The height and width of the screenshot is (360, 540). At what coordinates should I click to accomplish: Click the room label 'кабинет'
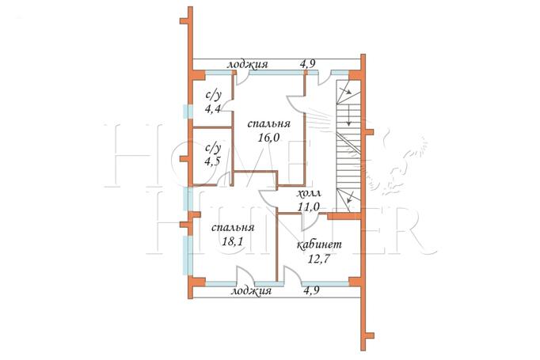(x=319, y=244)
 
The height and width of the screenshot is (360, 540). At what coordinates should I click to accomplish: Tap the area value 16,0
(x=268, y=138)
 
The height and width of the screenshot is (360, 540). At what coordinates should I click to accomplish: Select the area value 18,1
(x=233, y=241)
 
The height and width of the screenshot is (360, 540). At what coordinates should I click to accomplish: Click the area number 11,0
(x=309, y=207)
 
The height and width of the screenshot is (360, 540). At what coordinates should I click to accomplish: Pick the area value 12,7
(x=319, y=258)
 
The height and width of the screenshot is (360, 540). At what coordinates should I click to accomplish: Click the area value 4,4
(x=213, y=109)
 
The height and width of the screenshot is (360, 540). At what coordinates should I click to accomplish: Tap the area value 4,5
(x=212, y=161)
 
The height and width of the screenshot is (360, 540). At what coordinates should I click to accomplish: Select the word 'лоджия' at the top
(x=247, y=65)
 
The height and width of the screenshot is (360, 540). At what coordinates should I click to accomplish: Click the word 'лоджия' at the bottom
(x=251, y=291)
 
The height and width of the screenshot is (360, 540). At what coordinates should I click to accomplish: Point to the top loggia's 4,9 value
(x=308, y=63)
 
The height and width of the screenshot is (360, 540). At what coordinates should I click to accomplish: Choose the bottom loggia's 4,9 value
(x=311, y=290)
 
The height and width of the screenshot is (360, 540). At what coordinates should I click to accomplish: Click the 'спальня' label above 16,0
(x=268, y=124)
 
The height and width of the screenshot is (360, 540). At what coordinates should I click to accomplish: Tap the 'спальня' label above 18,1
(x=233, y=228)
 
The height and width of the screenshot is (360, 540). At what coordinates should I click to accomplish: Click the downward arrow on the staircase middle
(x=348, y=116)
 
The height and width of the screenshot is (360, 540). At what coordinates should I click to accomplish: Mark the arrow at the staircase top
(x=344, y=90)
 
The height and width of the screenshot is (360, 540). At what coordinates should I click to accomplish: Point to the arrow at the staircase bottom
(x=350, y=197)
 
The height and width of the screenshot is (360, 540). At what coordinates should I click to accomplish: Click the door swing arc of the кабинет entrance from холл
(x=309, y=224)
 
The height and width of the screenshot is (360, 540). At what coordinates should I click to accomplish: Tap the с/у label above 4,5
(x=213, y=148)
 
